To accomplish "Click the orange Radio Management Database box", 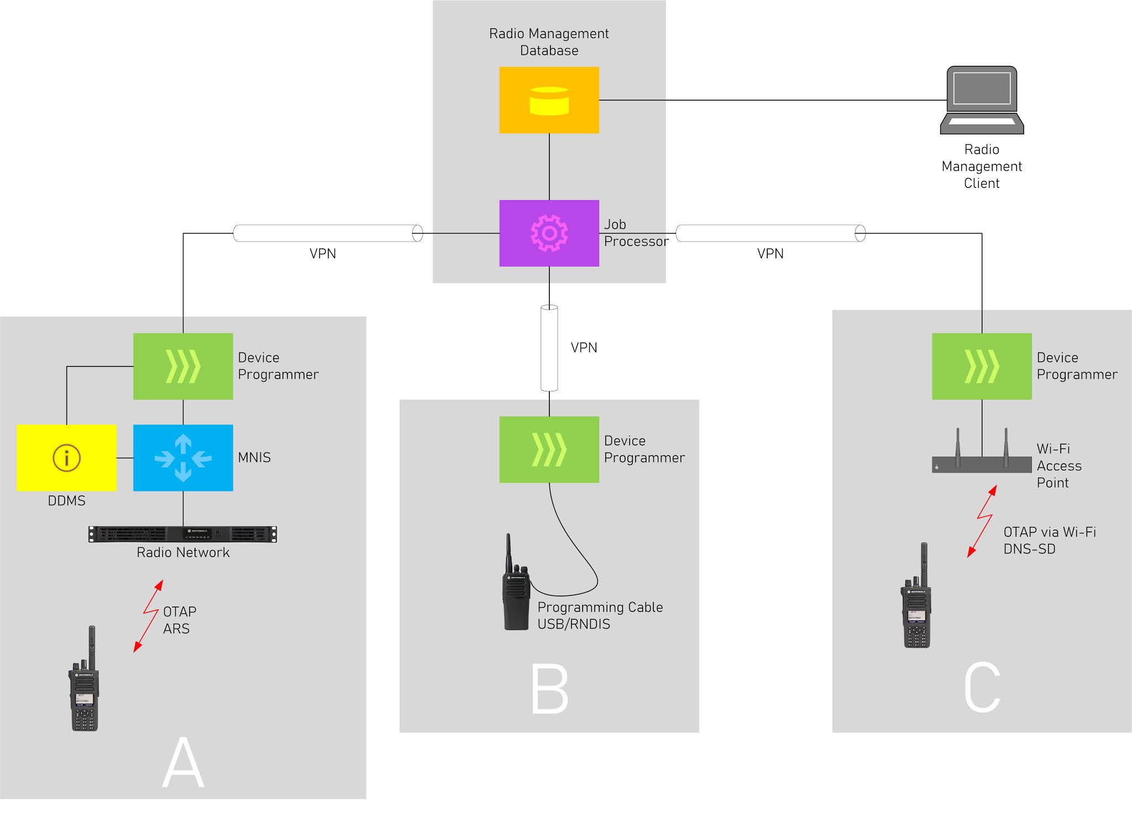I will (549, 100).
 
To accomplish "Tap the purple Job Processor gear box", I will (549, 233).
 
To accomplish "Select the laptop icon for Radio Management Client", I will (982, 100).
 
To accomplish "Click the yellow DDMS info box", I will (66, 458).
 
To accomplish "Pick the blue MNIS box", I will (183, 458).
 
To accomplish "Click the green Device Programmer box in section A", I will (183, 366).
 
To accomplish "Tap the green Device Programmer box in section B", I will (549, 449).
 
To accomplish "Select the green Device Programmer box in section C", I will (982, 366).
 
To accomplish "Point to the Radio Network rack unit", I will (183, 534).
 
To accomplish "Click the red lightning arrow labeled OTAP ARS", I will (148, 616).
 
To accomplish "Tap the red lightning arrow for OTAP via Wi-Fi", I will (982, 521).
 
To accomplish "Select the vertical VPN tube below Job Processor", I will (549, 348).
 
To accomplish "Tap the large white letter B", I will (549, 688).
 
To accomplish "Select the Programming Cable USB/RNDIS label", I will (600, 615).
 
